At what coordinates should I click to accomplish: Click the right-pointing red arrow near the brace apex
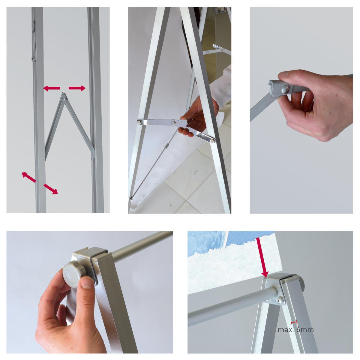pyautogui.click(x=77, y=88)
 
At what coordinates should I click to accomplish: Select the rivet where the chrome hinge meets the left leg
pyautogui.click(x=139, y=122)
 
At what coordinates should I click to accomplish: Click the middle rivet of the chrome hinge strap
pyautogui.click(x=173, y=123)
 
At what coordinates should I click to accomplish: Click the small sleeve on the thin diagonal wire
pyautogui.click(x=165, y=148)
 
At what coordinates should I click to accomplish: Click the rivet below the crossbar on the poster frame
pyautogui.click(x=280, y=301)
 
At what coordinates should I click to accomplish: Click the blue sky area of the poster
pyautogui.click(x=210, y=240)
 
